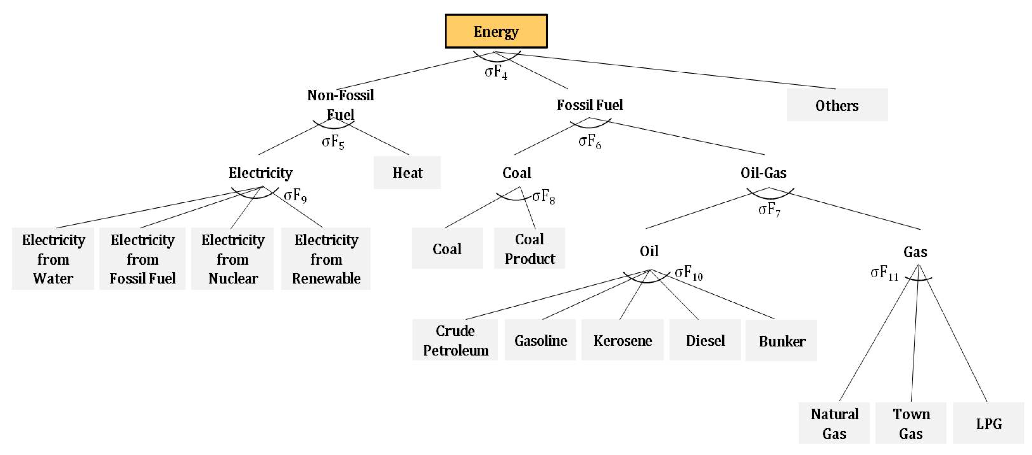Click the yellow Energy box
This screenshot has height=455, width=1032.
click(x=496, y=31)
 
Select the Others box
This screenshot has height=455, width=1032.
click(x=837, y=105)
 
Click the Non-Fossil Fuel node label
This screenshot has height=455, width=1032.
click(x=340, y=104)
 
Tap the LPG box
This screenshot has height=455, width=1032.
click(x=988, y=423)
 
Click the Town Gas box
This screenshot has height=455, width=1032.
click(x=911, y=423)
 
